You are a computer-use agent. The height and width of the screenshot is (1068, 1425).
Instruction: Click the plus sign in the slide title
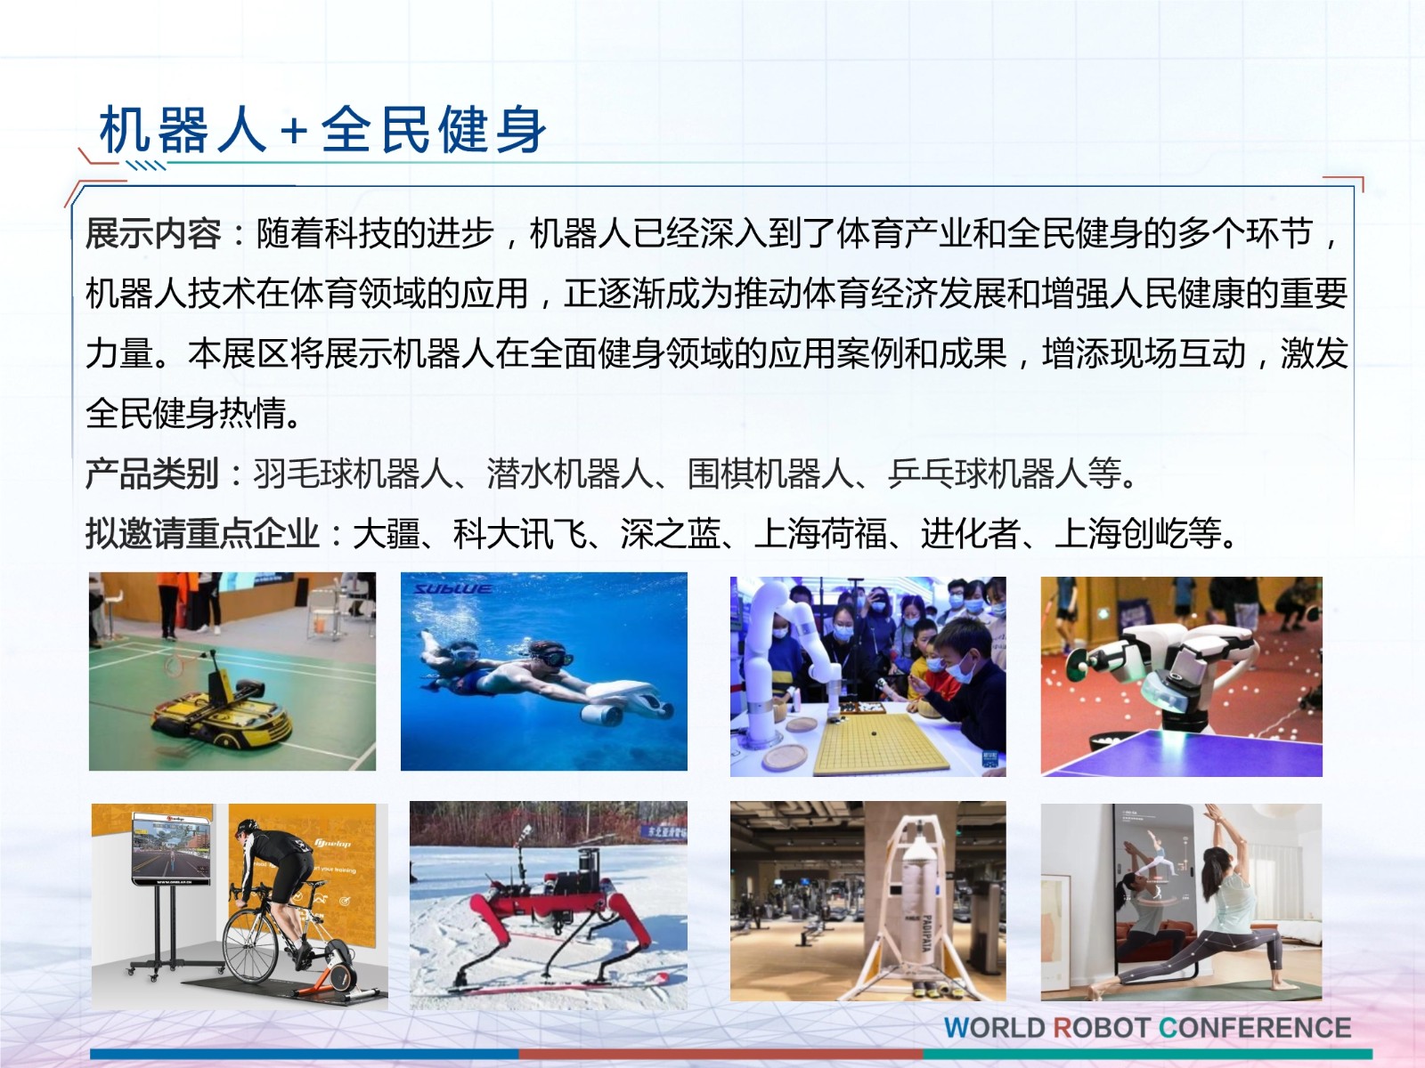[294, 131]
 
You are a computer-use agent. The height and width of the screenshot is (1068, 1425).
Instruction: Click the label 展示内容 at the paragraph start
[153, 233]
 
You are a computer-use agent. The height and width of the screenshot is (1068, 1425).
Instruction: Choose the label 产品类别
[153, 473]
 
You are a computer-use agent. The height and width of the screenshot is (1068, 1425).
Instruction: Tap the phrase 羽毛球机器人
[353, 473]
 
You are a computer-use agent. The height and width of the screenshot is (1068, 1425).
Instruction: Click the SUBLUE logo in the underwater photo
[452, 589]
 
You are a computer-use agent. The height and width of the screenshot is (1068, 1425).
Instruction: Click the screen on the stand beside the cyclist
[172, 849]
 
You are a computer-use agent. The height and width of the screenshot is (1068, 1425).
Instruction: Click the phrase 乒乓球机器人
[987, 473]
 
